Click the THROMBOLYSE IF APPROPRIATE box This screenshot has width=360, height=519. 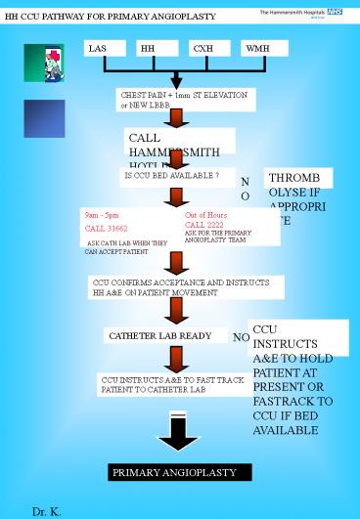298,196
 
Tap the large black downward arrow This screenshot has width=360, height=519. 178,432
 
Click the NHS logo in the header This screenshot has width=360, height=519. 336,11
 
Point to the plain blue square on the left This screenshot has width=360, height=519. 44,118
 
